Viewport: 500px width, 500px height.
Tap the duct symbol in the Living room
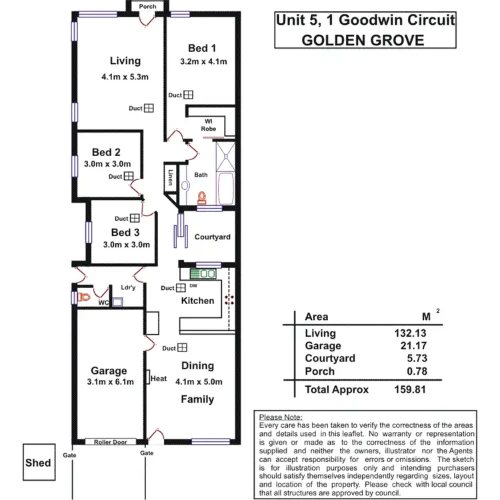pos(149,108)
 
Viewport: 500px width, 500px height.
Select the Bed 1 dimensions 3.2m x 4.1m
pos(203,62)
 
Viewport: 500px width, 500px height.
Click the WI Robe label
pos(207,124)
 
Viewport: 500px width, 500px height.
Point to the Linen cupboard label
pos(171,177)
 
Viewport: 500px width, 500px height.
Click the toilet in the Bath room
pos(202,197)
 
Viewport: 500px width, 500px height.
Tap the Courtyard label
pos(212,237)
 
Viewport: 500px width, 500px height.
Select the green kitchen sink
pos(203,273)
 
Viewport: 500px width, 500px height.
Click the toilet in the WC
pos(83,297)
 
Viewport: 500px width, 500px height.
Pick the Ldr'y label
pos(128,288)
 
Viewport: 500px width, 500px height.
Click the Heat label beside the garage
pos(159,379)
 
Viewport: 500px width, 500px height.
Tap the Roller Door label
pos(111,441)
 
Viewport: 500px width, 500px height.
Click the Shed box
pos(38,463)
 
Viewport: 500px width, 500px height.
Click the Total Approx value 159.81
pos(409,389)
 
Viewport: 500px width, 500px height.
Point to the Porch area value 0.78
pos(414,370)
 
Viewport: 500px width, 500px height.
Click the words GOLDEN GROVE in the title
pos(363,39)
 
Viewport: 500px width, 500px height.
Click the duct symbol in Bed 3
pos(135,218)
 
